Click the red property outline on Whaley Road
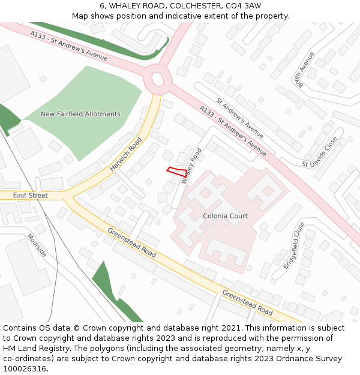(175, 170)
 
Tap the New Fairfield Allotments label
(80, 114)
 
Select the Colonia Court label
(225, 216)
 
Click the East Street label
(30, 196)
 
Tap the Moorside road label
(37, 245)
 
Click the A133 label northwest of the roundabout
(69, 46)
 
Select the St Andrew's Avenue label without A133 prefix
(240, 118)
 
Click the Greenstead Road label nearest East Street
(131, 243)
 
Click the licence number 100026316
(26, 369)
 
